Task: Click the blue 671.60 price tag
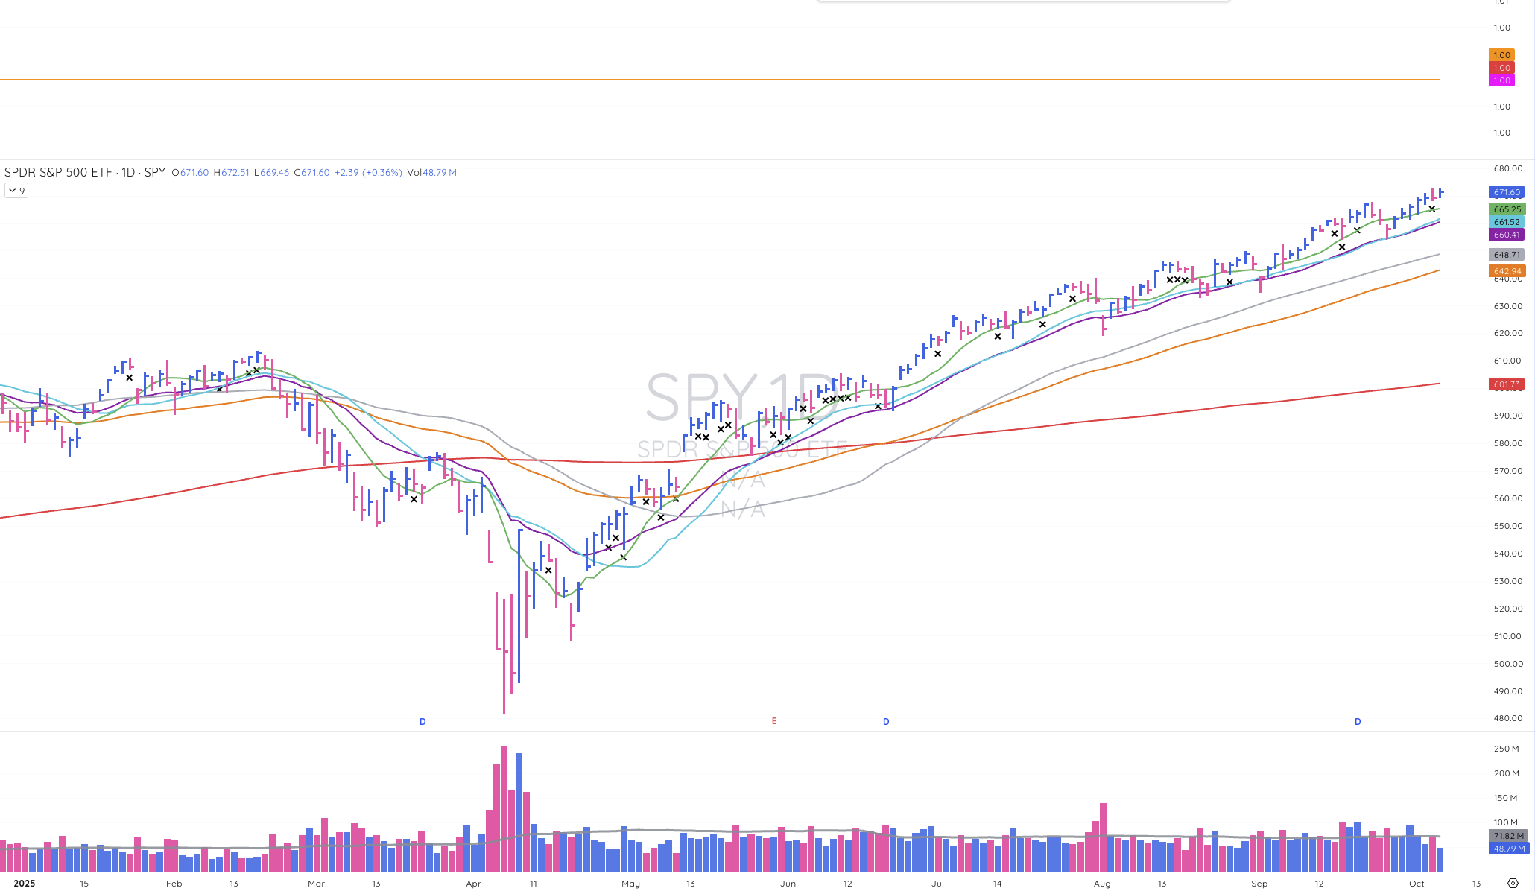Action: coord(1506,192)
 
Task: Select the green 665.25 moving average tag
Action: coord(1506,209)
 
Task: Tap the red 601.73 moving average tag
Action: coord(1506,384)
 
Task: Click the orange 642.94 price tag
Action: coord(1506,271)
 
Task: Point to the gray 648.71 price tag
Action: coord(1506,255)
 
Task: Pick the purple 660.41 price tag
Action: coord(1506,235)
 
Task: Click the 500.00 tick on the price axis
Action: coord(1507,664)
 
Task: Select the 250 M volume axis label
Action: coord(1505,749)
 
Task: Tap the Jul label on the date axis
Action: coord(937,884)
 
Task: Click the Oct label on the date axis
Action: coord(1417,884)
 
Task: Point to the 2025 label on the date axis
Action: coord(24,884)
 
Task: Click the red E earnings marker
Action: coord(774,721)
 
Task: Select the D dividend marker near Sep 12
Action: coord(1358,722)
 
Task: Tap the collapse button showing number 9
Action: coord(16,191)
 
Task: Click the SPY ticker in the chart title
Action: coord(154,172)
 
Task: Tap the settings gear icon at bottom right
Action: coord(1513,884)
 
